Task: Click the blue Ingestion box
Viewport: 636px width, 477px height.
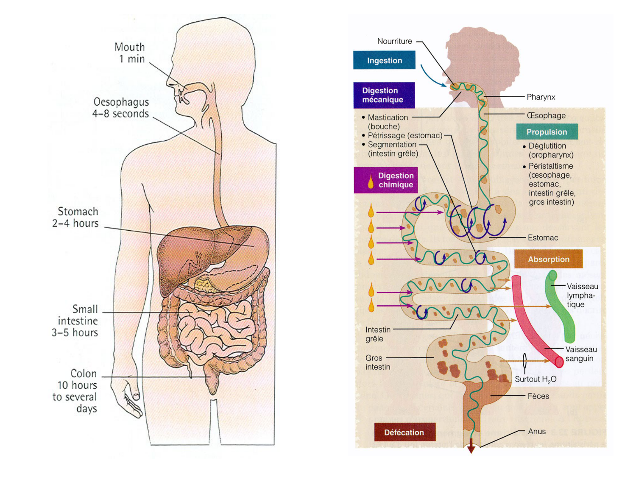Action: click(x=384, y=60)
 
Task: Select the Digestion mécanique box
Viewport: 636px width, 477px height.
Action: click(x=384, y=95)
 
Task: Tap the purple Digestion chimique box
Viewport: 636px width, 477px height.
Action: click(x=386, y=180)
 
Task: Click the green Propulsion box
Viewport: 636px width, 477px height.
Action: click(x=547, y=132)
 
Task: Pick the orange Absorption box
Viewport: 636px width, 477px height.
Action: click(x=548, y=259)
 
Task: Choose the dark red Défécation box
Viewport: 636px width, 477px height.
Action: click(x=404, y=432)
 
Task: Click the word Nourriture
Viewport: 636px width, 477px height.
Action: click(x=394, y=41)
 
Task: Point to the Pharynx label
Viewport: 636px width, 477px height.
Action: click(x=541, y=97)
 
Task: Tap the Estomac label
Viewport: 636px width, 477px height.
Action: click(x=543, y=238)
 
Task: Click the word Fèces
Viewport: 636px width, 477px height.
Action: click(x=538, y=396)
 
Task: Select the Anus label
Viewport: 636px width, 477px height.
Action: click(x=537, y=431)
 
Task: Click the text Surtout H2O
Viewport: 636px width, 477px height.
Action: click(x=536, y=379)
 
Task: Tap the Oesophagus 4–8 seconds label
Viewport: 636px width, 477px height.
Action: click(x=121, y=108)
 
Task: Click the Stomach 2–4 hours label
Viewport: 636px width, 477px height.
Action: click(x=76, y=217)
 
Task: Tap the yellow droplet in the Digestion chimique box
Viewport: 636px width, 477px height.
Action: click(x=371, y=181)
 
